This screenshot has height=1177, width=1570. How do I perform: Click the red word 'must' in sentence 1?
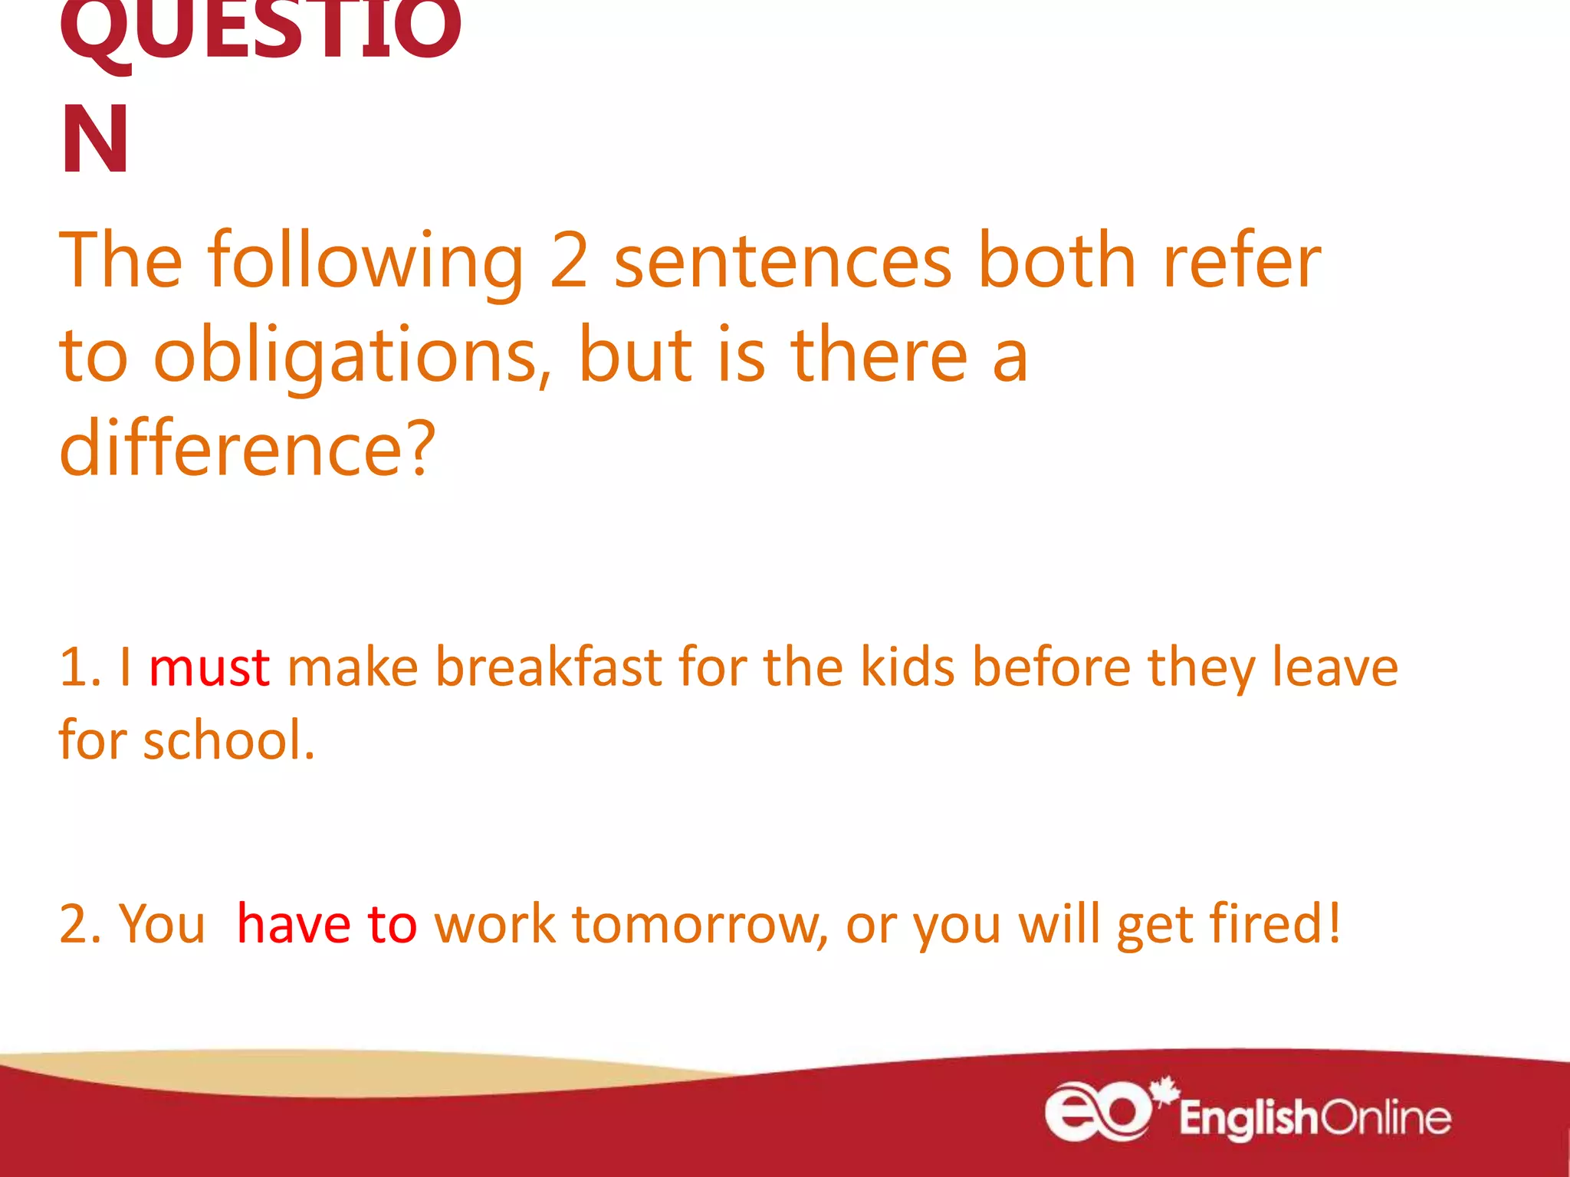[x=209, y=667]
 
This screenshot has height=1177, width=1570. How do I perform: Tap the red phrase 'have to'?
[x=327, y=924]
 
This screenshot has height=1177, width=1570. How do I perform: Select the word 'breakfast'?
[x=549, y=667]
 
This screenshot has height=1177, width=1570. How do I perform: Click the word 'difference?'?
[x=248, y=449]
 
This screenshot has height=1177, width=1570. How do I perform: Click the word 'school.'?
[x=229, y=741]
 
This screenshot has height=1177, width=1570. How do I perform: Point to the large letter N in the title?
[x=95, y=140]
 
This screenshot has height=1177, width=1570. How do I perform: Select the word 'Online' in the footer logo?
[x=1386, y=1118]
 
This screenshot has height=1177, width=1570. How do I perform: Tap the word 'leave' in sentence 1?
[x=1335, y=667]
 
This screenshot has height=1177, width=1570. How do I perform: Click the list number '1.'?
[x=80, y=667]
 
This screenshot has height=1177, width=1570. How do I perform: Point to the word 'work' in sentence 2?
[x=494, y=924]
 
